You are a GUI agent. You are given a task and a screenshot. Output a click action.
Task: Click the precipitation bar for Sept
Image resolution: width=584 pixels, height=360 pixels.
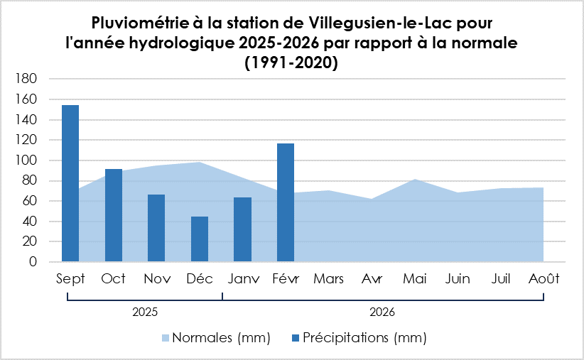[70, 183]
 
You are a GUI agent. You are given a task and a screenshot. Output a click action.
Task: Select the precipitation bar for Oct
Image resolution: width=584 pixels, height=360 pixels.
[114, 215]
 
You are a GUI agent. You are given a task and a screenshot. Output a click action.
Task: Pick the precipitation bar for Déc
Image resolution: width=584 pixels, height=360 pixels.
[200, 239]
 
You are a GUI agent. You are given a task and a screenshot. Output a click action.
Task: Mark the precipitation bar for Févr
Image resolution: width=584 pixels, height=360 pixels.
[286, 202]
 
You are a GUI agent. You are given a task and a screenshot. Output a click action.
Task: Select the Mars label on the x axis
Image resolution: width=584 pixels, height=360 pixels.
[328, 279]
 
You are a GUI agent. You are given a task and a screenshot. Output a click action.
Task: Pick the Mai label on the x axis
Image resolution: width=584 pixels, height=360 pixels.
[414, 279]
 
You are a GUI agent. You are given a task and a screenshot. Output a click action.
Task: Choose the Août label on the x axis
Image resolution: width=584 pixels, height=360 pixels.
[544, 279]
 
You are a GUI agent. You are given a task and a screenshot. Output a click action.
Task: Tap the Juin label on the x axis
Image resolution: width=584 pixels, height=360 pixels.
[458, 279]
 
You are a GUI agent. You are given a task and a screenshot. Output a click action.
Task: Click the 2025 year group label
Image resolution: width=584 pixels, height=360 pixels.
[144, 312]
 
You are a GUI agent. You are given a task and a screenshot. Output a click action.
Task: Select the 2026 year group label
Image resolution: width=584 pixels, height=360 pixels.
[382, 312]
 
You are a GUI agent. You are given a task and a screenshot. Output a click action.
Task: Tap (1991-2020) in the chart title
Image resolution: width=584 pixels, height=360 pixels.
[291, 62]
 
